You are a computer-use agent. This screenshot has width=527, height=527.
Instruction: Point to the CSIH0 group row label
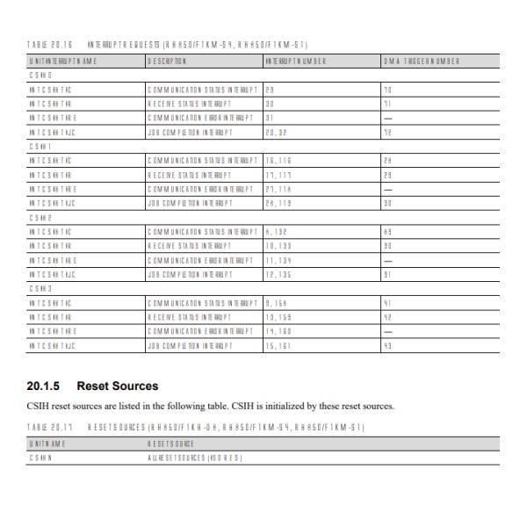(x=40, y=76)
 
